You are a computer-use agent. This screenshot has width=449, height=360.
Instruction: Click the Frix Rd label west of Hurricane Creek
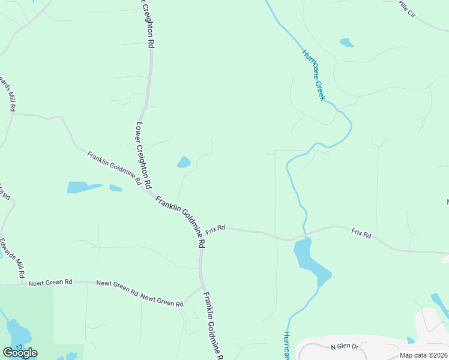(x=215, y=229)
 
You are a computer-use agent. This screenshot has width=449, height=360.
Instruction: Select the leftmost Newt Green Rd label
(x=50, y=281)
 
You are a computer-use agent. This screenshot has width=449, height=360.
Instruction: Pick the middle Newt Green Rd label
(x=117, y=287)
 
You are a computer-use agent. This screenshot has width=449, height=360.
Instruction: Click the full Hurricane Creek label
(x=313, y=75)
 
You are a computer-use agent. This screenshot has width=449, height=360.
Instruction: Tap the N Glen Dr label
(x=345, y=347)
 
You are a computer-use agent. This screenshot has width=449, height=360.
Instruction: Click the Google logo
(x=20, y=353)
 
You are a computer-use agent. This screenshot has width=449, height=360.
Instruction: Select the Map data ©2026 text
(x=423, y=355)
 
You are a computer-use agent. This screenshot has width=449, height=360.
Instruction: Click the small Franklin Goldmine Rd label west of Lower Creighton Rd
(x=114, y=168)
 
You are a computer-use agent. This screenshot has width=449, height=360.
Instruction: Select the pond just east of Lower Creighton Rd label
(x=184, y=163)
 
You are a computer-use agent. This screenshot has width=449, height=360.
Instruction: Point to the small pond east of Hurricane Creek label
(x=346, y=43)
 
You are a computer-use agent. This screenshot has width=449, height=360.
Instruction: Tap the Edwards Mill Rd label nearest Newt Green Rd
(x=13, y=259)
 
